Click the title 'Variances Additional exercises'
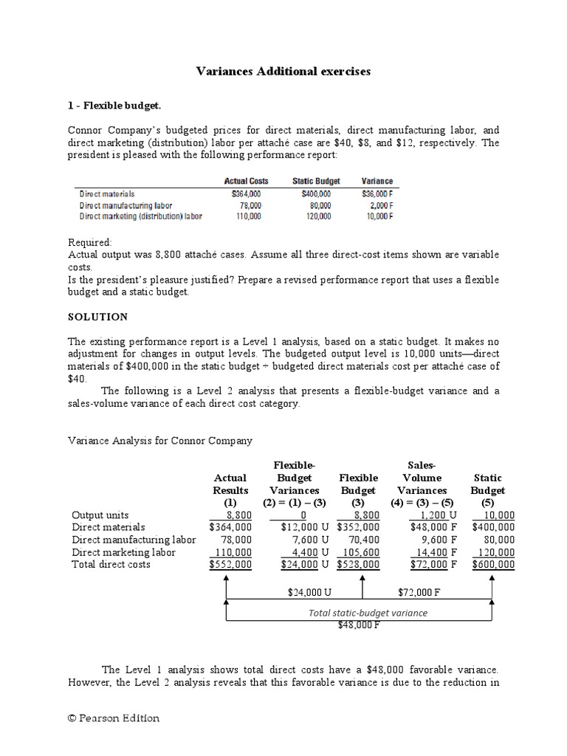pyautogui.click(x=283, y=72)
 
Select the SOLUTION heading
pyautogui.click(x=97, y=317)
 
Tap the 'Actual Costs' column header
pyautogui.click(x=246, y=181)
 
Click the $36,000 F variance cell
pyautogui.click(x=377, y=193)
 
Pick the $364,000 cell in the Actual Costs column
pyautogui.click(x=246, y=193)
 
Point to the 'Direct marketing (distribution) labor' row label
pyautogui.click(x=141, y=216)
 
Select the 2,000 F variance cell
pyautogui.click(x=379, y=205)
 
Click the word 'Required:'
pyautogui.click(x=90, y=242)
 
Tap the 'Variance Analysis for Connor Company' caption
pyautogui.click(x=160, y=441)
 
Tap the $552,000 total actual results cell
pyautogui.click(x=230, y=565)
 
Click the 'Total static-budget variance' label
pyautogui.click(x=368, y=613)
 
